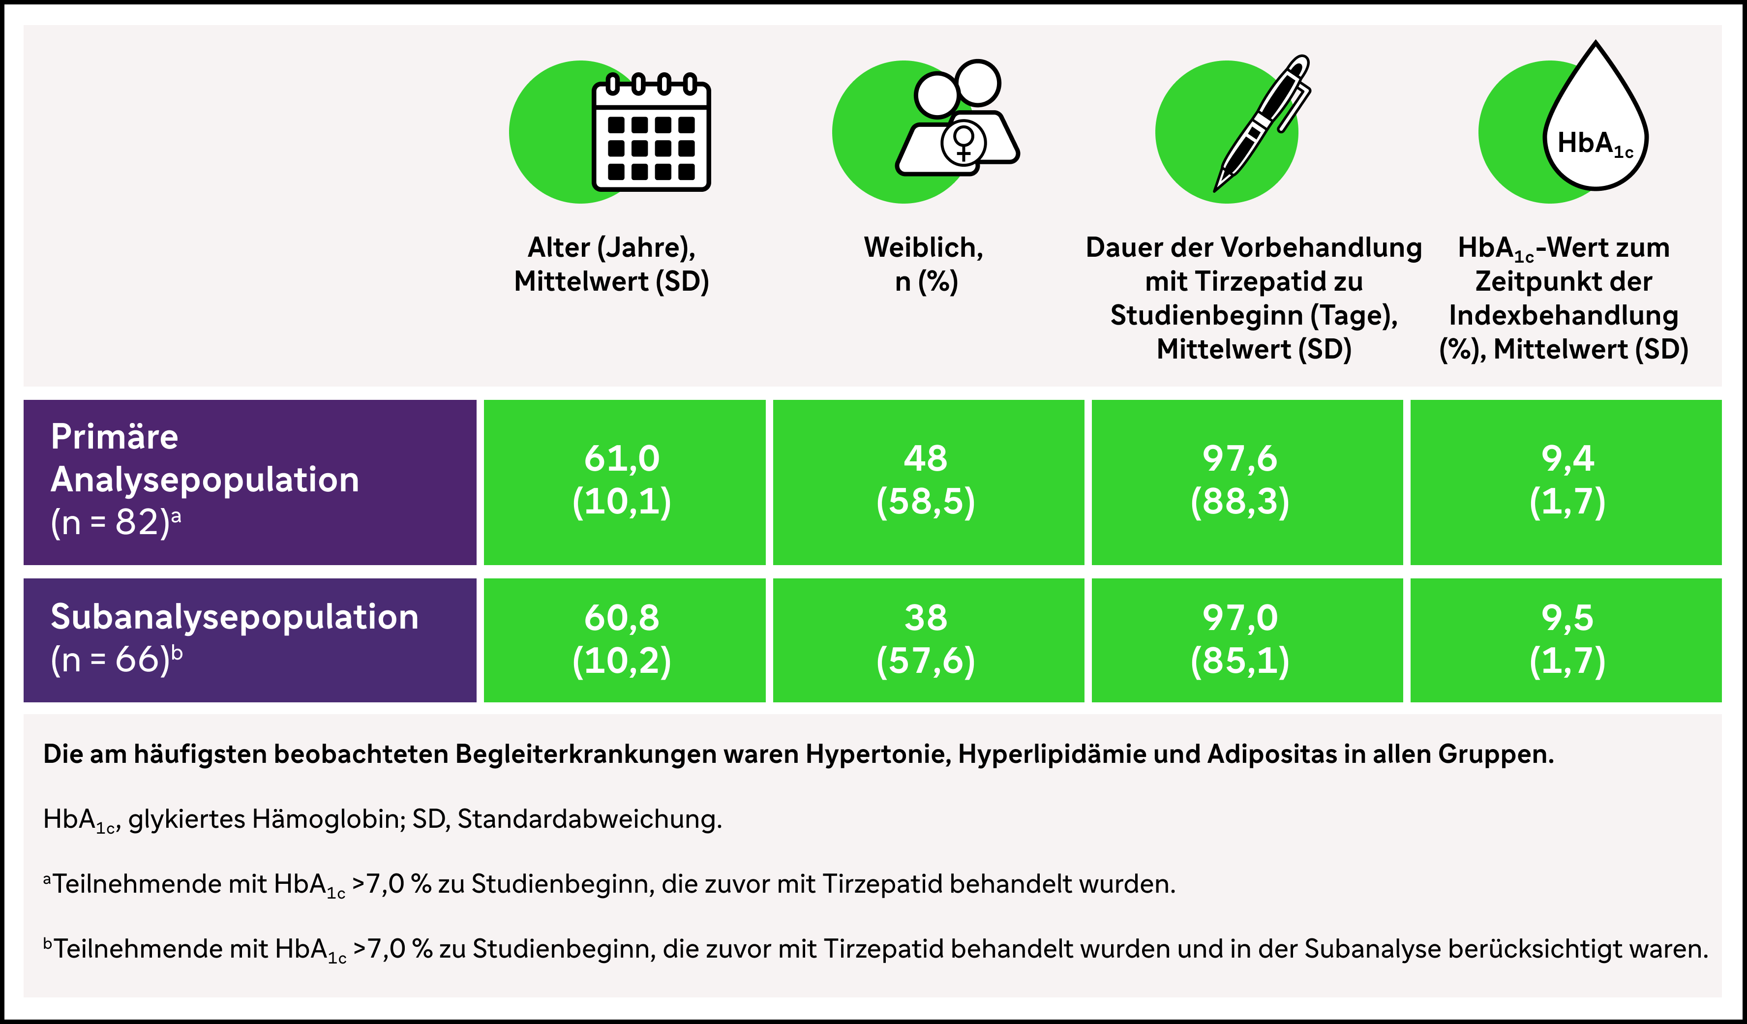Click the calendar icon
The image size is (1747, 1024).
(x=651, y=133)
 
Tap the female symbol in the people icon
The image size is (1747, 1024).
(x=963, y=142)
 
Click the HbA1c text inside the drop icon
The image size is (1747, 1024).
(x=1595, y=144)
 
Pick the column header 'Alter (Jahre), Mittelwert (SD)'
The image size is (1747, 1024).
(x=611, y=264)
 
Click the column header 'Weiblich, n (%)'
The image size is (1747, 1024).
(x=924, y=264)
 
